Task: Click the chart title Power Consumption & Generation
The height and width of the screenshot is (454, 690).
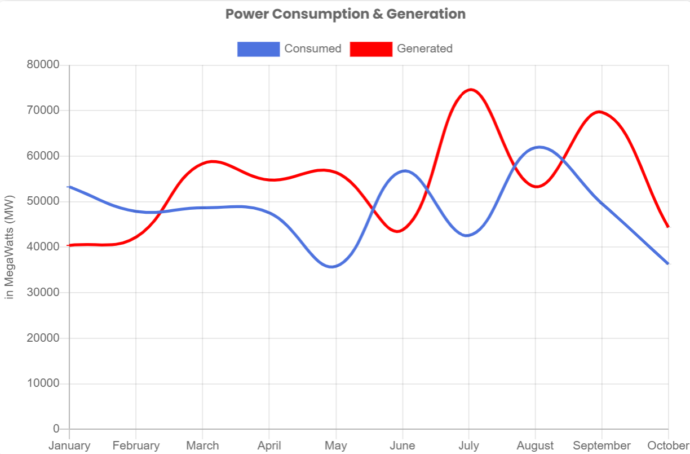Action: (345, 14)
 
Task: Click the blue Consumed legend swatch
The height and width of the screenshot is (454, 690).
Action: (258, 49)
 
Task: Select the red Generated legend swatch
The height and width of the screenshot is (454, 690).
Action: (371, 49)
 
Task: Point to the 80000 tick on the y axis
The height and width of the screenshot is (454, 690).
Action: (43, 65)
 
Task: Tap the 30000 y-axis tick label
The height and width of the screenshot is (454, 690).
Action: (43, 293)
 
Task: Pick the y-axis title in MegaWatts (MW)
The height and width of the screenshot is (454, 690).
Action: (10, 247)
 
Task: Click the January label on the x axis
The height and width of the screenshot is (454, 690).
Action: (69, 446)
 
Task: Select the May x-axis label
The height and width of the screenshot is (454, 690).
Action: (335, 446)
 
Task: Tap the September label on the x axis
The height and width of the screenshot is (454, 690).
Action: (601, 446)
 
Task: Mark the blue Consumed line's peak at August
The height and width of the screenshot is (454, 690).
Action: (539, 147)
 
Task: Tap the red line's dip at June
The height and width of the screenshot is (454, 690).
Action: (399, 231)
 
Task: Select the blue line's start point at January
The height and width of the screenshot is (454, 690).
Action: (69, 187)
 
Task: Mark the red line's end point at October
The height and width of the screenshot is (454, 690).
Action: (668, 227)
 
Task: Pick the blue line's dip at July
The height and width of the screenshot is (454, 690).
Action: (467, 235)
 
